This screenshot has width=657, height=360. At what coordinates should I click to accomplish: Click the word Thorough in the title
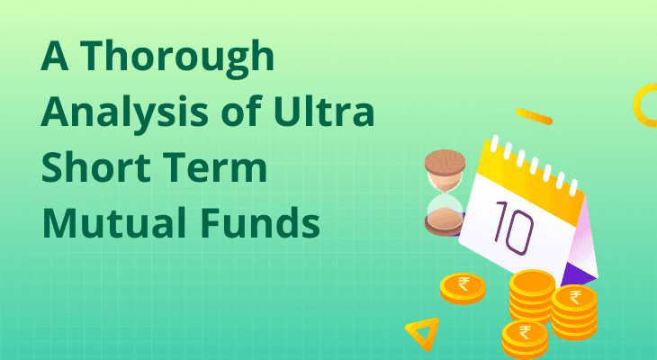click(x=177, y=56)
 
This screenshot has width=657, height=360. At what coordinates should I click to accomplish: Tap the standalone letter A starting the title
click(x=55, y=56)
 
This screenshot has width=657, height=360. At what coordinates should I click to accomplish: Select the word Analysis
click(x=124, y=112)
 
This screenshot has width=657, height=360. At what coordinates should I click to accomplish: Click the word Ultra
click(x=324, y=111)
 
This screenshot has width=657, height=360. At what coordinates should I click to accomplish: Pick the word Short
click(x=95, y=166)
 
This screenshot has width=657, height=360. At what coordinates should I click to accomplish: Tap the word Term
click(x=215, y=167)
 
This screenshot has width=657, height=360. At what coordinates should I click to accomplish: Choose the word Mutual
click(x=113, y=222)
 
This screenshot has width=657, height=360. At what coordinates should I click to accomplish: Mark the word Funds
click(x=260, y=222)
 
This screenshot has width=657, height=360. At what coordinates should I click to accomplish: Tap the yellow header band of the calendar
click(x=531, y=177)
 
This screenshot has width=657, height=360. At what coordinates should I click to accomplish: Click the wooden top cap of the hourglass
click(x=445, y=163)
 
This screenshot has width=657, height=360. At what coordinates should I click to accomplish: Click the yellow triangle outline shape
click(x=423, y=332)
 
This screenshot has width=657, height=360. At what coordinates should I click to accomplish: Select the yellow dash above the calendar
click(x=534, y=116)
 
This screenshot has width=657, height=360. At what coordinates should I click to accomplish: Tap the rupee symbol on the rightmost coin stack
click(x=575, y=297)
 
